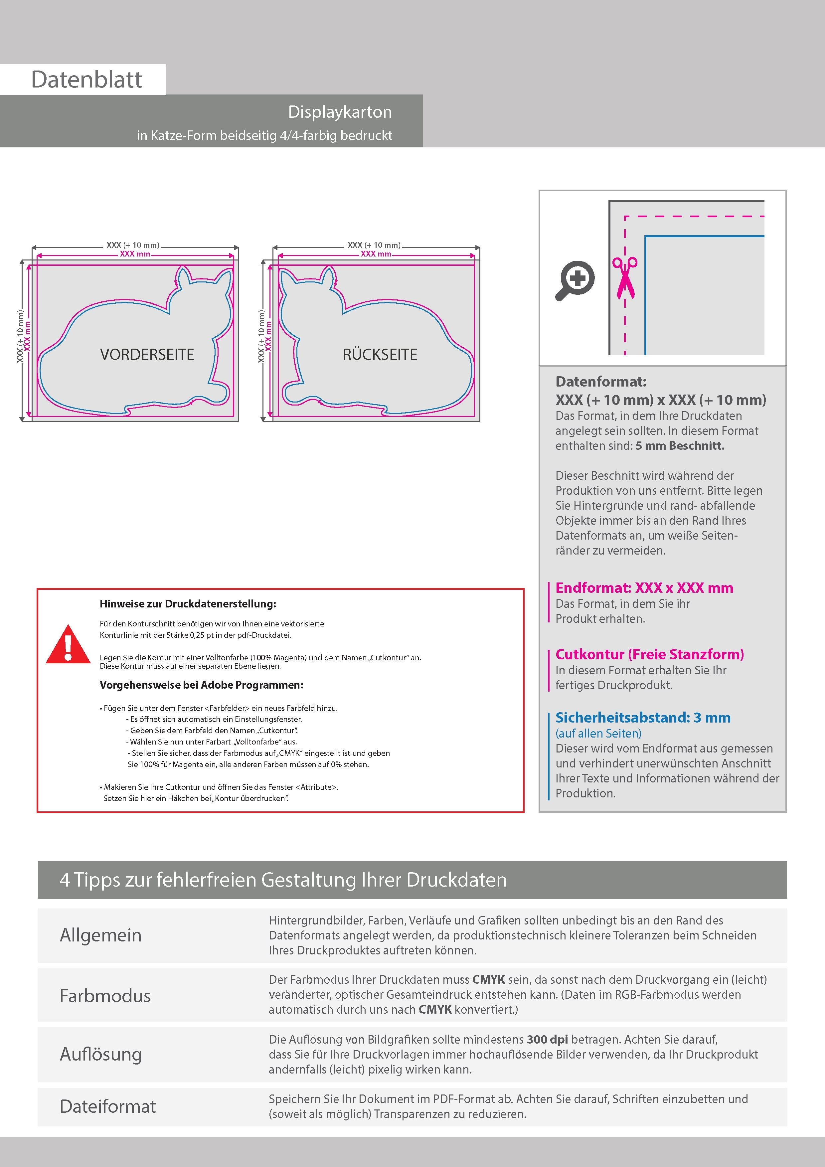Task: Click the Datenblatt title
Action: pyautogui.click(x=86, y=80)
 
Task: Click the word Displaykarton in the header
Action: pyautogui.click(x=340, y=112)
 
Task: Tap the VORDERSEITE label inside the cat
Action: pyautogui.click(x=147, y=354)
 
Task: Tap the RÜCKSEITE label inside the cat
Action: pyautogui.click(x=380, y=354)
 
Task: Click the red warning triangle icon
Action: pyautogui.click(x=68, y=644)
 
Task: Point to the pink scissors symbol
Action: pyautogui.click(x=625, y=277)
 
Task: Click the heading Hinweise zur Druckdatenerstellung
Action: pyautogui.click(x=188, y=604)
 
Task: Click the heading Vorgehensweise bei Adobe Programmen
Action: pyautogui.click(x=201, y=685)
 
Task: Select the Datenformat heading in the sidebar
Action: pyautogui.click(x=600, y=382)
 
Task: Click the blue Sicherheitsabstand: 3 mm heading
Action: pyautogui.click(x=642, y=717)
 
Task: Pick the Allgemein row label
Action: pyautogui.click(x=101, y=935)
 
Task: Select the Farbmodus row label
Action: pyautogui.click(x=105, y=996)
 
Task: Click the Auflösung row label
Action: pyautogui.click(x=101, y=1054)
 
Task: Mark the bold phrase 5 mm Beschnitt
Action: pyautogui.click(x=680, y=446)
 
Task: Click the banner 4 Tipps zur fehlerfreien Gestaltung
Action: pyautogui.click(x=283, y=880)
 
